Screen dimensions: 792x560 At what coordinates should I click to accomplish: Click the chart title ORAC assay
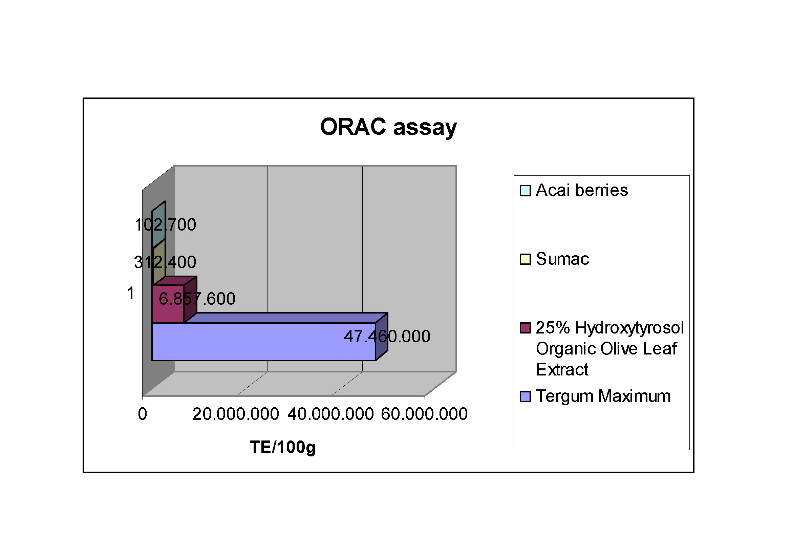388,127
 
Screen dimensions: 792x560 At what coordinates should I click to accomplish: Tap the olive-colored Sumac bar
159,262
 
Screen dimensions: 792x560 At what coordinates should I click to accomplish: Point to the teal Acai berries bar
159,224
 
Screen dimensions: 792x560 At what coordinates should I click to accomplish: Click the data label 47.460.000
387,336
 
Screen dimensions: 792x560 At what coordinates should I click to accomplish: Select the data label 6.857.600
197,298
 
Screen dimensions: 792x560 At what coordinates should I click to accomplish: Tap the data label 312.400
165,262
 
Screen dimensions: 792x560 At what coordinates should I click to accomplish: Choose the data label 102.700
165,224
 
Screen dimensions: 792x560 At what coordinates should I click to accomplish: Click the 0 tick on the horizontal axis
143,414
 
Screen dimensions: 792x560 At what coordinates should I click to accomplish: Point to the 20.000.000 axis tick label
236,414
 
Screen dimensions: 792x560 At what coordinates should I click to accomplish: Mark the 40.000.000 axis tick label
330,414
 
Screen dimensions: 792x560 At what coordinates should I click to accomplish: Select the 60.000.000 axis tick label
424,414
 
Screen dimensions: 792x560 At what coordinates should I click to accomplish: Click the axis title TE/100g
283,448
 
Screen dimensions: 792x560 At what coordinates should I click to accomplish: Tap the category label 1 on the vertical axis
130,294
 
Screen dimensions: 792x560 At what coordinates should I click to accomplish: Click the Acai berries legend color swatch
525,191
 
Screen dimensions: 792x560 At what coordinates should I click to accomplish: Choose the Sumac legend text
563,259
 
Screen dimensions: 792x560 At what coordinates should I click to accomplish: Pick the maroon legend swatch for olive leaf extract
525,328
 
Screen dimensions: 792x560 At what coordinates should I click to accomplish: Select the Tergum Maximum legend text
603,396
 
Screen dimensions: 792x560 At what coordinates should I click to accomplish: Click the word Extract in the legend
562,370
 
